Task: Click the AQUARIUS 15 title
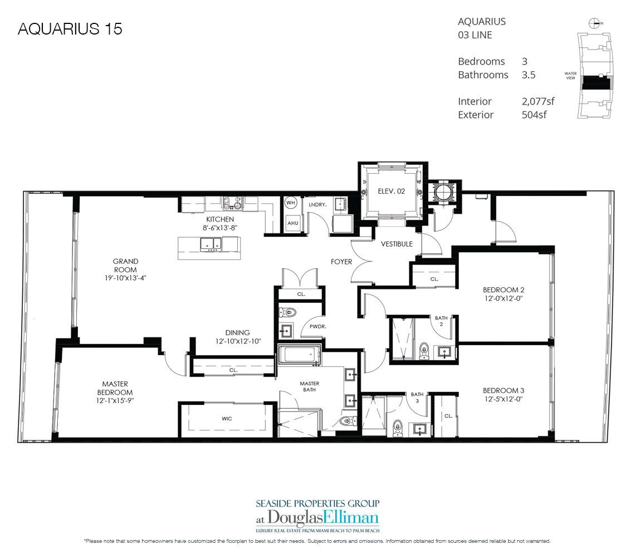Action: (70, 30)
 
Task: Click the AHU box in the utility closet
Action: (291, 223)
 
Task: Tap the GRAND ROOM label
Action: (125, 261)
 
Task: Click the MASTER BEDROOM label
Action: (115, 388)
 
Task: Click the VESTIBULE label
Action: (397, 244)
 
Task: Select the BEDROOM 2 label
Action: (504, 290)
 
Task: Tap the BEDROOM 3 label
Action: (504, 390)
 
